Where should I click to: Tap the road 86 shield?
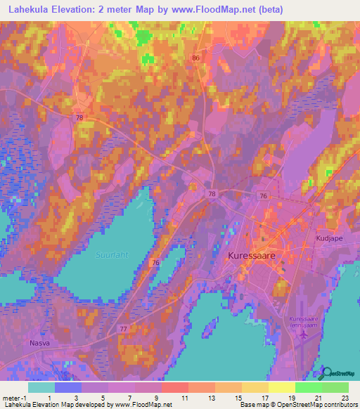coord(195,58)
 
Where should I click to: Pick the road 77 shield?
coord(124,328)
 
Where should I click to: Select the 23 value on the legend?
coord(345,398)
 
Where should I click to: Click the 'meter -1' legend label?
coord(15,398)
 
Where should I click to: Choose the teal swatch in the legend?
coord(41,387)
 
